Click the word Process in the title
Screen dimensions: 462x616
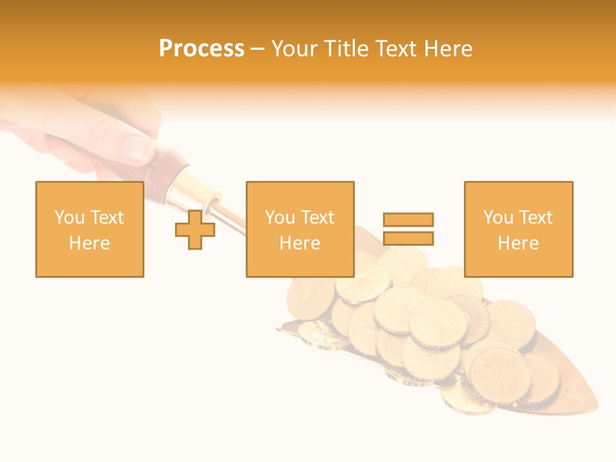[201, 49]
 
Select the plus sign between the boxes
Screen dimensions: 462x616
[195, 230]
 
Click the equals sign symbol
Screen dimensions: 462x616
[408, 229]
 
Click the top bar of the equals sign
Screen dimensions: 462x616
[408, 219]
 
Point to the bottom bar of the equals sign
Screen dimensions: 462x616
[408, 238]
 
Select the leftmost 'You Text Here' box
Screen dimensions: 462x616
[90, 229]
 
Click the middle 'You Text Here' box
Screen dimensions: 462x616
[300, 229]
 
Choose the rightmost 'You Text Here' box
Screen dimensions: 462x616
[518, 229]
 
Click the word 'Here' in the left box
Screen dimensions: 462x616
[89, 243]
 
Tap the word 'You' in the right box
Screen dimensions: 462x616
[498, 218]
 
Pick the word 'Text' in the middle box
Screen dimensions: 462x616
[318, 218]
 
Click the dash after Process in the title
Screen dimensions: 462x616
[257, 49]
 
